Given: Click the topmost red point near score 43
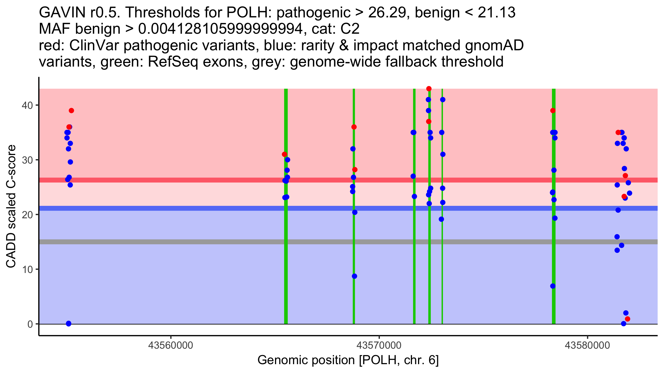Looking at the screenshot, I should [x=429, y=89].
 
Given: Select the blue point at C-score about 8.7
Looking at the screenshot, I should [x=354, y=276].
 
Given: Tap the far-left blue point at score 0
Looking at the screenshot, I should [x=69, y=324].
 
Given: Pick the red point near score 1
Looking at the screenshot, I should [x=627, y=319].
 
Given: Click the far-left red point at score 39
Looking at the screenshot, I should [x=71, y=111].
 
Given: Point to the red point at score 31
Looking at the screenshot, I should [x=284, y=154].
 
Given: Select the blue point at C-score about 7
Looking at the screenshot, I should [x=553, y=286].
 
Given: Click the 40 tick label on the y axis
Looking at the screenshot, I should [x=27, y=105].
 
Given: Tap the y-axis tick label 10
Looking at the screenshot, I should [x=27, y=269].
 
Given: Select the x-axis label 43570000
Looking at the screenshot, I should [x=379, y=345].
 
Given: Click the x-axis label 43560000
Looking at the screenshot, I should [x=171, y=345].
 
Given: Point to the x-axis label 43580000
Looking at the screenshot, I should [x=587, y=345].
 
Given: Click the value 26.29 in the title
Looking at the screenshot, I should [x=388, y=12].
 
